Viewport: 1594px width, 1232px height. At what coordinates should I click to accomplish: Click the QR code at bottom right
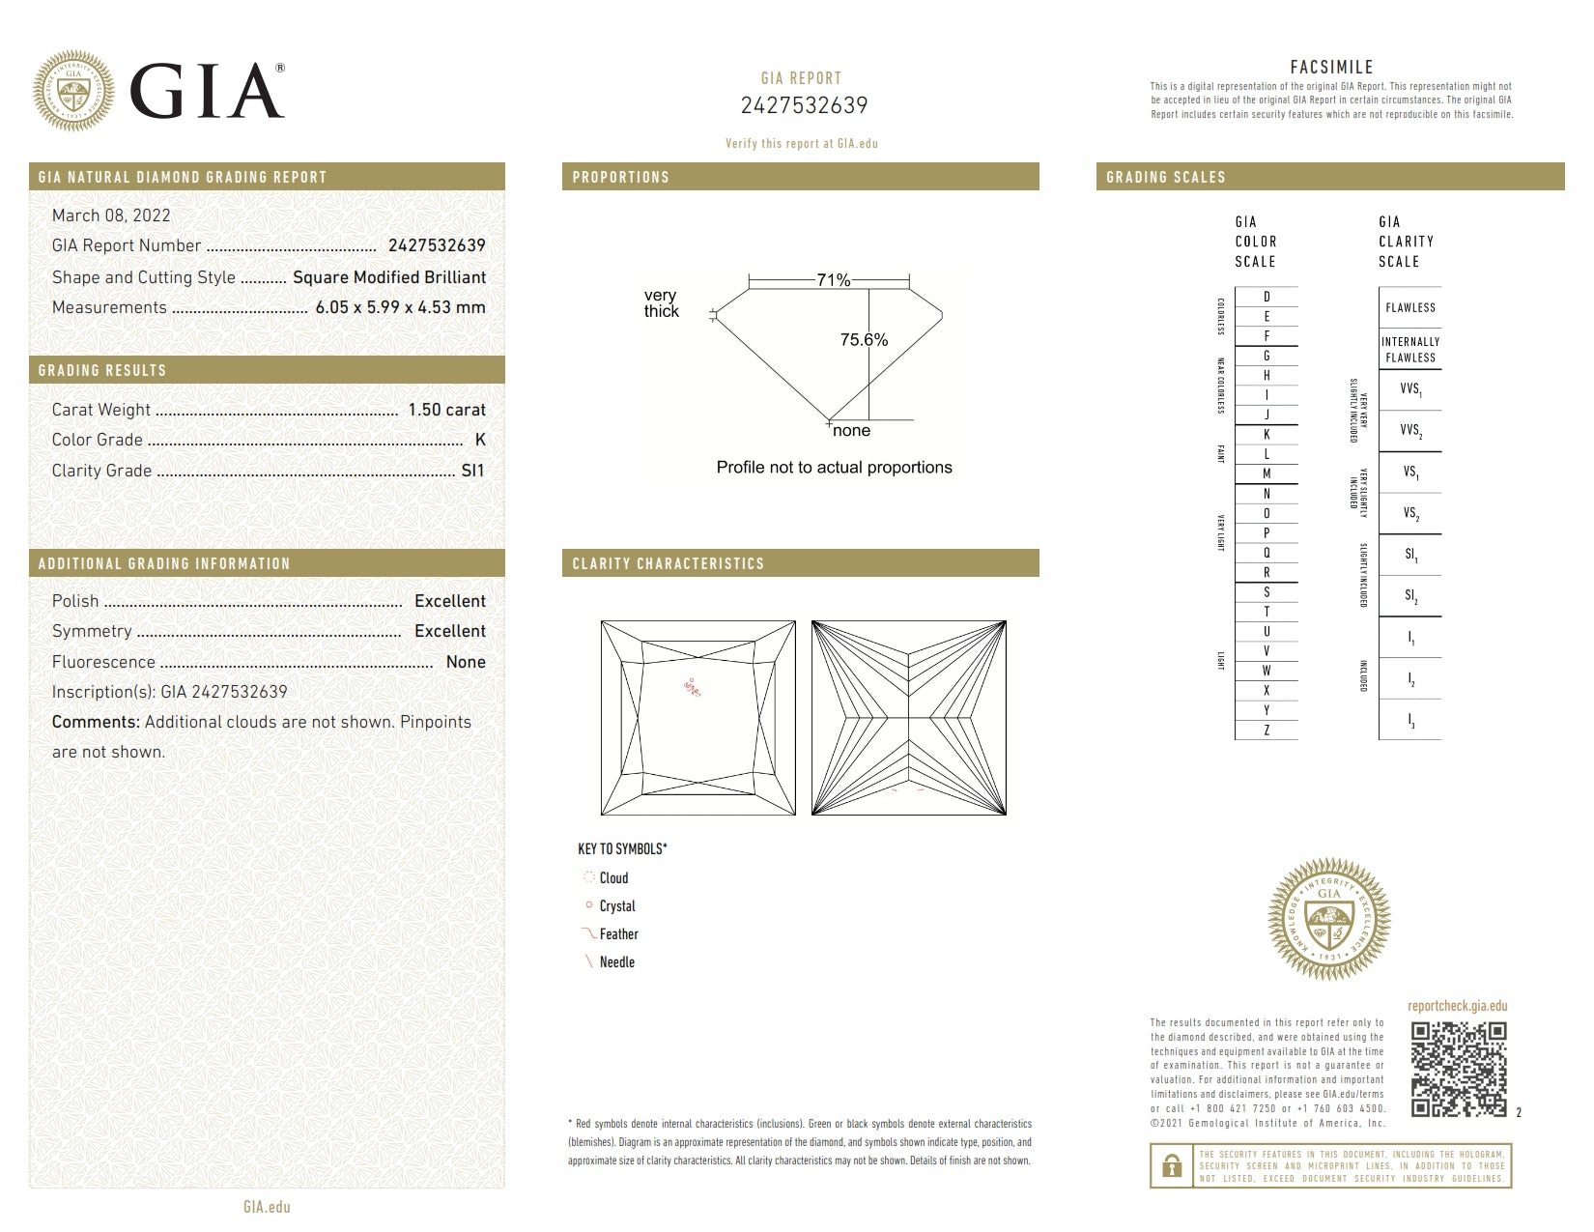[1458, 1070]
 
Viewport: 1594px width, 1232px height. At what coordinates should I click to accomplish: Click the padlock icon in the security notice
[1172, 1166]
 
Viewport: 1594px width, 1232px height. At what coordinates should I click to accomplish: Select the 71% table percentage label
[833, 280]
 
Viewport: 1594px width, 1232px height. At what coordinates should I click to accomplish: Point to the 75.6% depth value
[864, 340]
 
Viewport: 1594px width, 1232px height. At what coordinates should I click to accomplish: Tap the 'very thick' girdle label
[662, 303]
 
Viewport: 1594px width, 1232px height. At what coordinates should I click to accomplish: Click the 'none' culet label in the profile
[851, 431]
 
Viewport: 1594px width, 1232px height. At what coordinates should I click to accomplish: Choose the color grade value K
[480, 440]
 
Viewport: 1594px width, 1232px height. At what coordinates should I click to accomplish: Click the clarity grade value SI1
[472, 471]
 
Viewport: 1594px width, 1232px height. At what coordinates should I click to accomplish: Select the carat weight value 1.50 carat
[446, 410]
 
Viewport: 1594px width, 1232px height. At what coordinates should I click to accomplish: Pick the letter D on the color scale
[1267, 297]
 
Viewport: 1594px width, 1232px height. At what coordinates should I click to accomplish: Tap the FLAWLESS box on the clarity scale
[1410, 307]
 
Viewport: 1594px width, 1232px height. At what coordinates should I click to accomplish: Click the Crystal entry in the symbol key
[616, 906]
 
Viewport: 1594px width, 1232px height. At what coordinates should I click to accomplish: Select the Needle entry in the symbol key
[616, 962]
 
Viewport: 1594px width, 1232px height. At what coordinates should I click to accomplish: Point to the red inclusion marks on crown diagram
[692, 687]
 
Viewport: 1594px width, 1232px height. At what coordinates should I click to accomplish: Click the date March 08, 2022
[111, 215]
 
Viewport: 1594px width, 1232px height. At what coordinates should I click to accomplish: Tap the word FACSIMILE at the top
[1331, 67]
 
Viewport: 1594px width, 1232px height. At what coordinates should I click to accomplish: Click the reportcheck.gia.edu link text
[1457, 1006]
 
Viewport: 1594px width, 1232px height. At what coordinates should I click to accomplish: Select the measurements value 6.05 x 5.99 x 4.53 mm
[400, 307]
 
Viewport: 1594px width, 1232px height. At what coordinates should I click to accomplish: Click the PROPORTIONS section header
[620, 177]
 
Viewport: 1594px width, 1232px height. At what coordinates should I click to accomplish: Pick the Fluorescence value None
[466, 662]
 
